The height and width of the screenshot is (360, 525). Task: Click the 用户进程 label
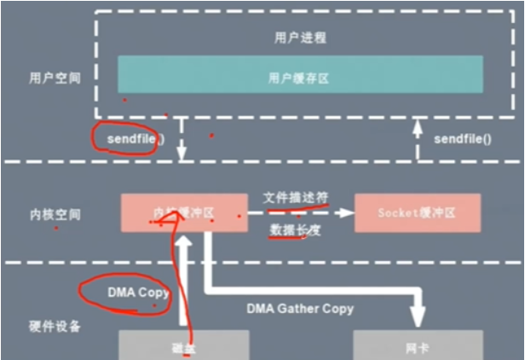point(300,38)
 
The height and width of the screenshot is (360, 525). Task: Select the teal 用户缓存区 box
point(300,75)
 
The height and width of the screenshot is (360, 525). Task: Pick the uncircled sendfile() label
point(463,137)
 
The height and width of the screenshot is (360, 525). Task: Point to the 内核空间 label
point(51,213)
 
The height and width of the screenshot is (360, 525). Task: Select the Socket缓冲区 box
point(417,213)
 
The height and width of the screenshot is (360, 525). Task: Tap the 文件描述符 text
point(295,198)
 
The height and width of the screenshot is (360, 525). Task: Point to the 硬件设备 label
point(51,327)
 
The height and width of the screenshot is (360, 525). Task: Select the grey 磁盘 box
point(182,345)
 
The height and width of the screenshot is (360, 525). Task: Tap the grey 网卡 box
point(417,345)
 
